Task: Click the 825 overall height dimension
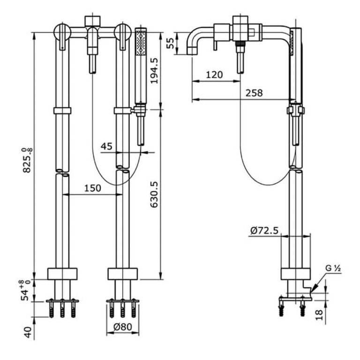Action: click(28, 160)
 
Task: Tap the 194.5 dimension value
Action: click(154, 70)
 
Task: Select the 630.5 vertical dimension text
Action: click(154, 195)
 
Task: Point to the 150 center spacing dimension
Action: click(92, 188)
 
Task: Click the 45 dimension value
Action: click(106, 146)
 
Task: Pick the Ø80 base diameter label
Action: click(123, 327)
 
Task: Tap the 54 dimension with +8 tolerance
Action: click(26, 290)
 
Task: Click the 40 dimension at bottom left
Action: click(28, 332)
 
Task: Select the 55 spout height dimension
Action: click(170, 43)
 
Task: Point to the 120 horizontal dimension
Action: click(214, 75)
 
